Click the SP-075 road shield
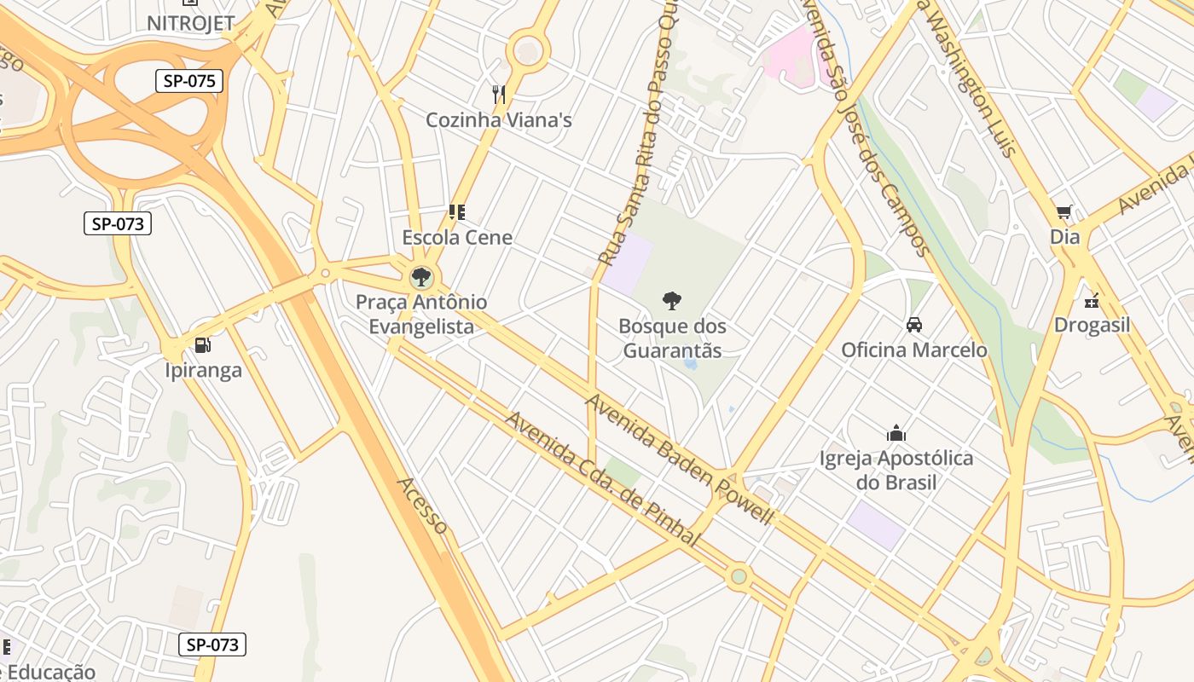pos(189,81)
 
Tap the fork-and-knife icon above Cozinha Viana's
pos(499,94)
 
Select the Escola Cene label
pos(457,237)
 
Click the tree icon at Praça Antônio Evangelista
pos(420,277)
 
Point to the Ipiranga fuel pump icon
pos(203,345)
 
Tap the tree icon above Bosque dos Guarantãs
pos(672,300)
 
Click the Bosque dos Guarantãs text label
pos(672,338)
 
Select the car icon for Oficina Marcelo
pos(914,325)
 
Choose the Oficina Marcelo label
pos(914,350)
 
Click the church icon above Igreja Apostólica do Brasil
pos(895,433)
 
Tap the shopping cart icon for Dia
pos(1064,212)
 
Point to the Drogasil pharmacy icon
pos(1092,300)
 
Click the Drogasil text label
pos(1092,325)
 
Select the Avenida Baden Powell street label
pos(680,459)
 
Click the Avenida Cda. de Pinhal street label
pos(602,480)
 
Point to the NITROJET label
pos(190,23)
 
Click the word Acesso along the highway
pos(421,506)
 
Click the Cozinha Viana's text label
pos(499,120)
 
